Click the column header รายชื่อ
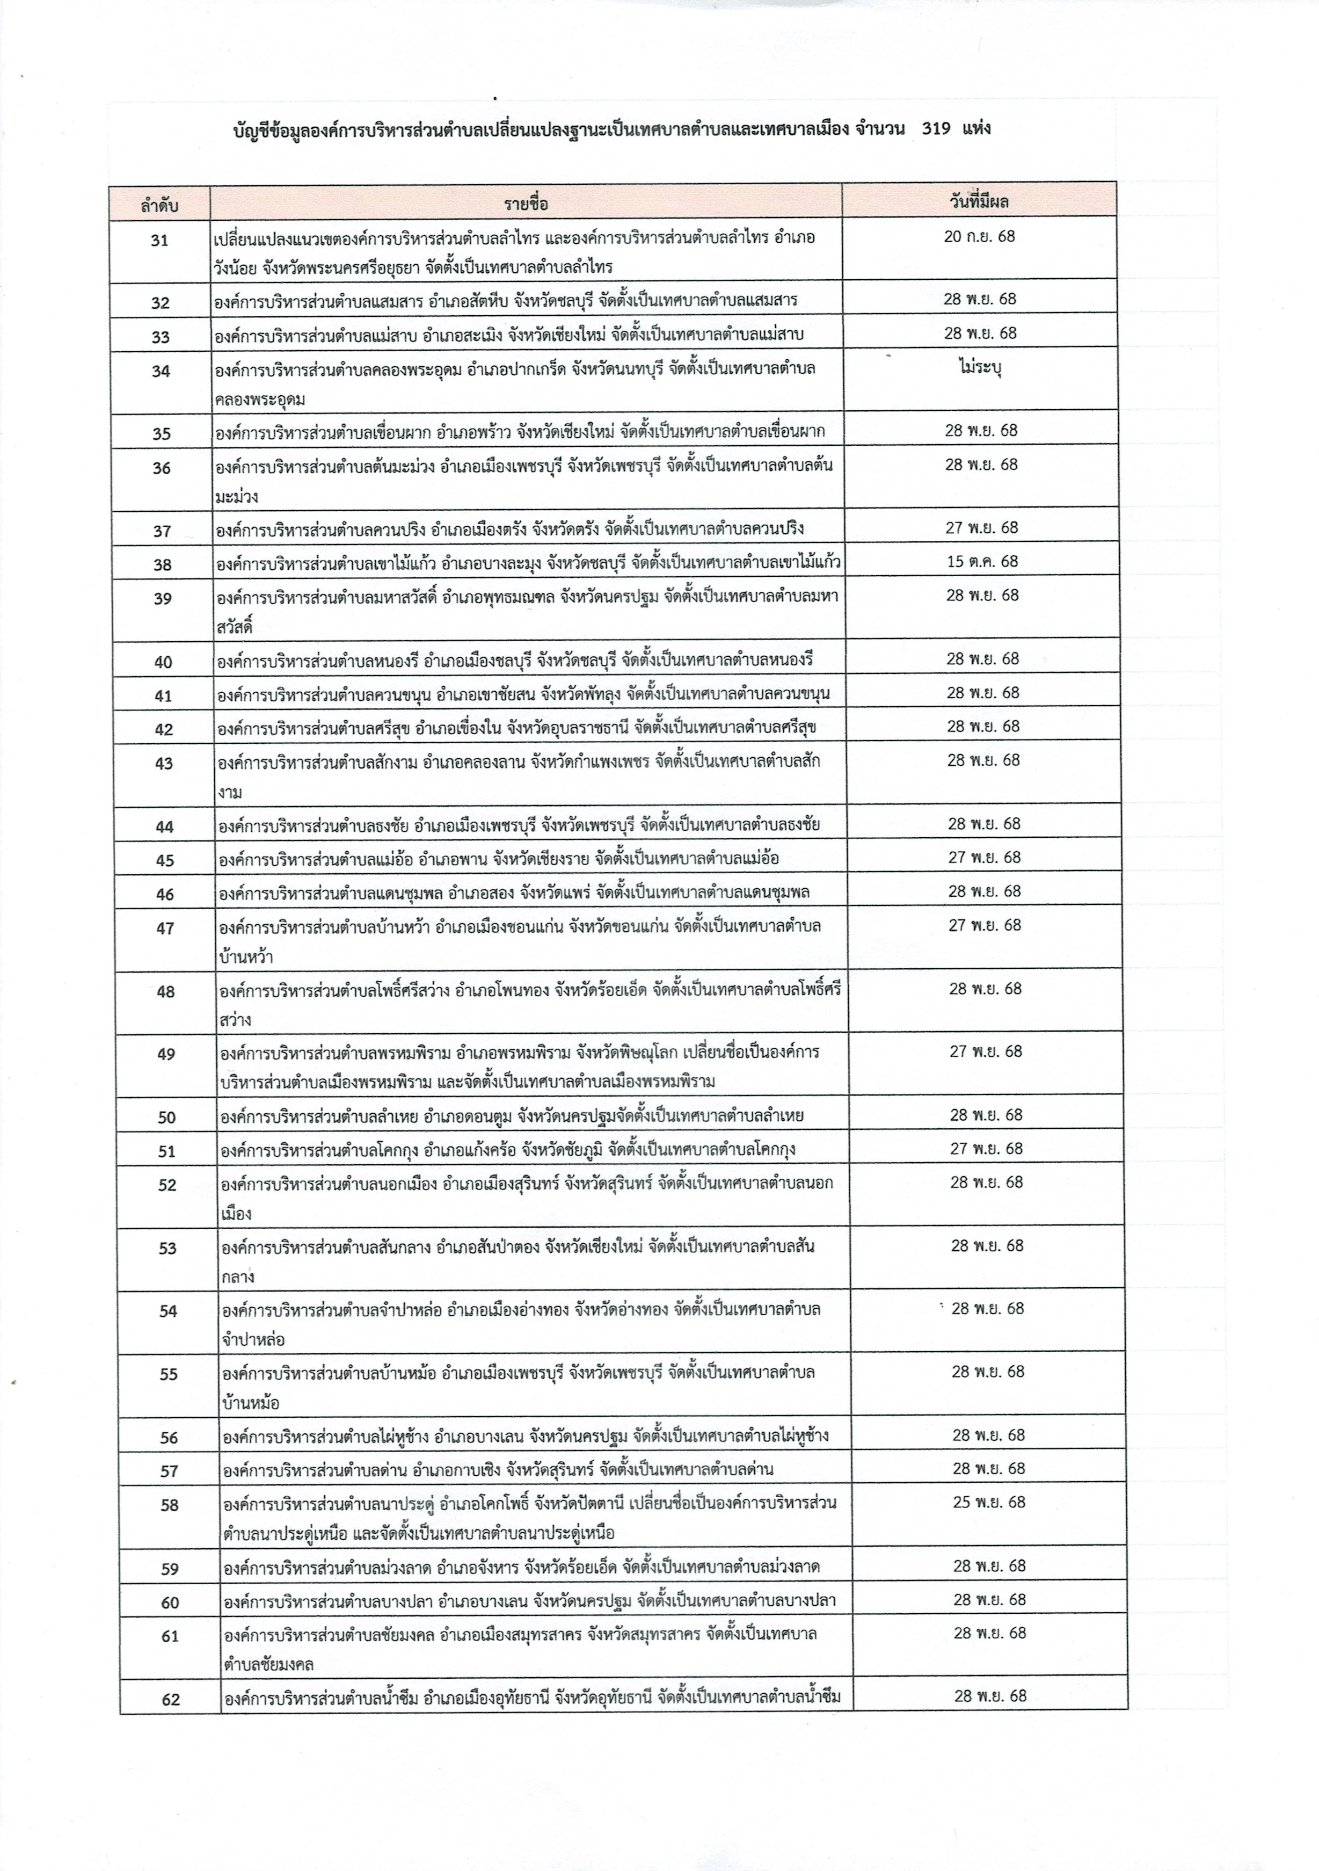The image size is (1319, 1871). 526,202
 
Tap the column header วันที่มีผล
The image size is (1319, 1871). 979,200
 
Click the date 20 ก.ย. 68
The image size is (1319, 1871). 979,236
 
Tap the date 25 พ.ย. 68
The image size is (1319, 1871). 989,1502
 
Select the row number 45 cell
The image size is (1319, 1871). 165,860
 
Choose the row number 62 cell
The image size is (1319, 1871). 170,1700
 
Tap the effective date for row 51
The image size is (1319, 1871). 986,1148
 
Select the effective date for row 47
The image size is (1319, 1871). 984,925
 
